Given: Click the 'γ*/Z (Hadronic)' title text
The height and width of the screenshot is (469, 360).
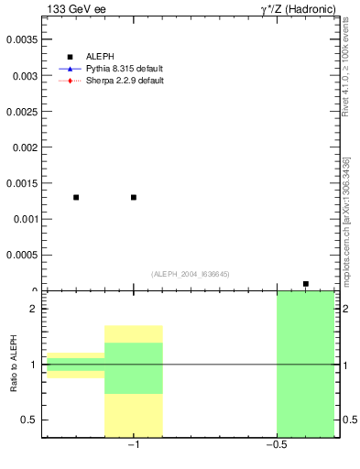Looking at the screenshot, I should [299, 9].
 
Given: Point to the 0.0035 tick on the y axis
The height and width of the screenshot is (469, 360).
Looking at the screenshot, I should [22, 39].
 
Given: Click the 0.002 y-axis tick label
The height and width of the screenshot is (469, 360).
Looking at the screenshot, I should [25, 147].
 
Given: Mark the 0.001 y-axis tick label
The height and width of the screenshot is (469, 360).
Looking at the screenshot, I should [25, 219].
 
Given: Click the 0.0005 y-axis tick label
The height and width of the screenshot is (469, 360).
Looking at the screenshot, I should [22, 255].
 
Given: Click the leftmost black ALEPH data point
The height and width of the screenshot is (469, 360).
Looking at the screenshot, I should [76, 197].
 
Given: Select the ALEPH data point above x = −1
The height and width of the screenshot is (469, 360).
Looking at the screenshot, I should [134, 197].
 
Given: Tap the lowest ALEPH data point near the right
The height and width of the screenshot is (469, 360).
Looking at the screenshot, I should [306, 284].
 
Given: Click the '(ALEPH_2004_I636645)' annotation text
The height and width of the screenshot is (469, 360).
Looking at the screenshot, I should [191, 274].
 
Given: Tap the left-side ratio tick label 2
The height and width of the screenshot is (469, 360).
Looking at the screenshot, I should [32, 309].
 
